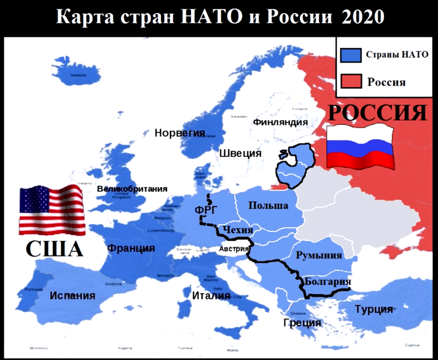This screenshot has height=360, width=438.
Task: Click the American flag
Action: point(52,210)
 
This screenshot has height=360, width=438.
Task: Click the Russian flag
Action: point(360,147)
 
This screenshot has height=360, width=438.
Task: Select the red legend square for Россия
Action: point(351,81)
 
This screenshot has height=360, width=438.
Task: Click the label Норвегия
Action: point(180,133)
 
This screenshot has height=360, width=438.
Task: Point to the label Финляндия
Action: point(280,122)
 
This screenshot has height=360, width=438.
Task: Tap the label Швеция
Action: point(240,153)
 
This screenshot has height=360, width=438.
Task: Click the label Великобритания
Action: point(132,189)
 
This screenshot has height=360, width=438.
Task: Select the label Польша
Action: point(268,205)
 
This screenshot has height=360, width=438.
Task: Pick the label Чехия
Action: point(237,229)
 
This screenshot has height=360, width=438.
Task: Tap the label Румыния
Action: point(319,255)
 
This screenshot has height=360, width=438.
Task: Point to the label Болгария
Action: point(327,280)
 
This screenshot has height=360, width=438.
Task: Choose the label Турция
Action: point(374,310)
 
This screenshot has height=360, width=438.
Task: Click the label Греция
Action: point(302,323)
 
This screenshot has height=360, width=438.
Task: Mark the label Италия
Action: point(210,296)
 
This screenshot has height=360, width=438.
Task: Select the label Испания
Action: point(72,295)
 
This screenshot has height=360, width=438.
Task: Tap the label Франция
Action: point(131,249)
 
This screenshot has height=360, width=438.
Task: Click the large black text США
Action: point(54,249)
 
